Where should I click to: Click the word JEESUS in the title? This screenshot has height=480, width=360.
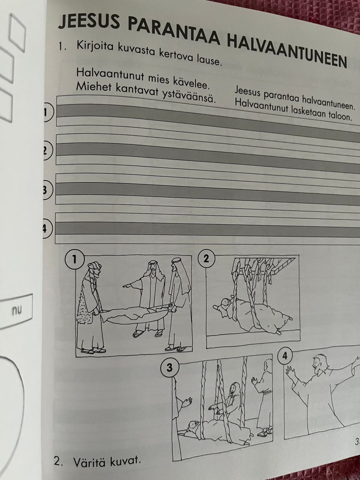(89, 21)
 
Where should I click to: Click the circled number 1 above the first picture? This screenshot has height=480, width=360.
(74, 260)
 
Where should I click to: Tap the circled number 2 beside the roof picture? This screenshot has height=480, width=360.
(206, 259)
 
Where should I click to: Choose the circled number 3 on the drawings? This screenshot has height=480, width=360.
(169, 367)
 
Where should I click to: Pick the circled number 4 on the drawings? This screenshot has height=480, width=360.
(285, 356)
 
